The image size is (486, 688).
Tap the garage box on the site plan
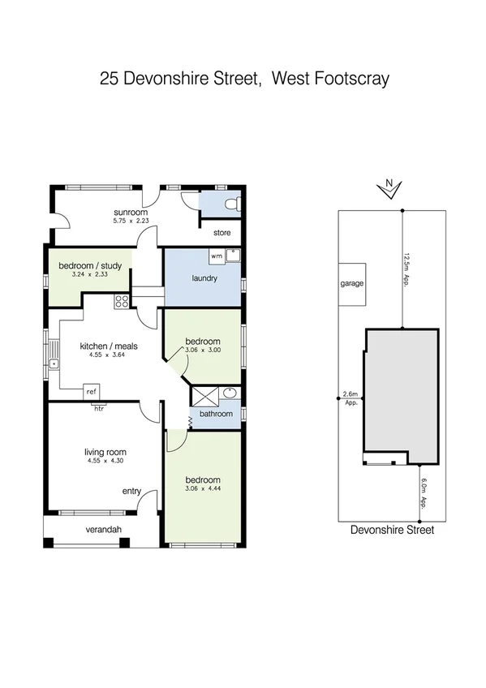tap(352, 284)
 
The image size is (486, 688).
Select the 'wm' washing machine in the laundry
tap(216, 256)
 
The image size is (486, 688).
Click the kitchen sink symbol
tap(54, 358)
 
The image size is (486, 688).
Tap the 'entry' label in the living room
tap(131, 491)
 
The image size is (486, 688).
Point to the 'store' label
tap(221, 233)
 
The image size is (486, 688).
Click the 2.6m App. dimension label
tap(351, 397)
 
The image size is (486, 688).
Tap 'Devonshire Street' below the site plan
tap(392, 530)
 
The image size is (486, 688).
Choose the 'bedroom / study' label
tap(89, 264)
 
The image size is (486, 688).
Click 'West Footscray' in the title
tap(329, 79)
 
